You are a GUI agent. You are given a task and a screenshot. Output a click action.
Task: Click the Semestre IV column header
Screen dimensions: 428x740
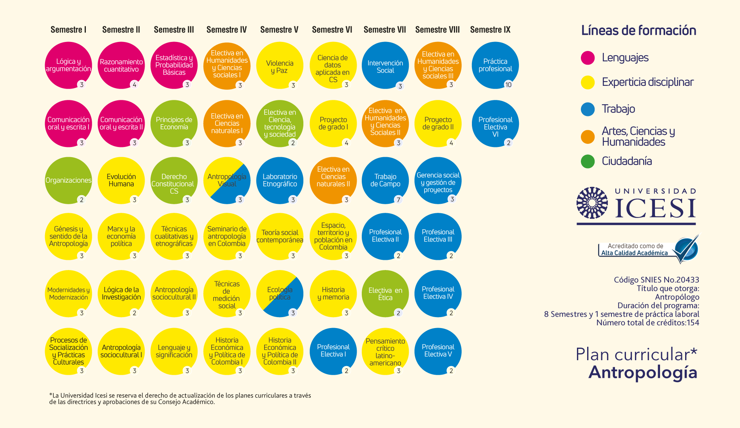coord(227,30)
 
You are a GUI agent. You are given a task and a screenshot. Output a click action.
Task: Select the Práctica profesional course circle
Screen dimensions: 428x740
coord(495,65)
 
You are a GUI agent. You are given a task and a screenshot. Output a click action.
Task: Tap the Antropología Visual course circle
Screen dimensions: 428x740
coord(227,180)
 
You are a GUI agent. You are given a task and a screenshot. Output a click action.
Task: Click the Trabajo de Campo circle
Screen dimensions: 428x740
coord(385,180)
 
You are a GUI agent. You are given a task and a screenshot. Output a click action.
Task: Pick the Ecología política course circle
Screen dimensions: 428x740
coord(279,294)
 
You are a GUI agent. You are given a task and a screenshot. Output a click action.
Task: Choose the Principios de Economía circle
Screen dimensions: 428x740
coord(174,123)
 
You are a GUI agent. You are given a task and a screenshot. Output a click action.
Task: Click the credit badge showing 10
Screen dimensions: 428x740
coord(508,85)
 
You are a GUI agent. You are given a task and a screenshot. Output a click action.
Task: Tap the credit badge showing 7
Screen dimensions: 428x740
coord(399,200)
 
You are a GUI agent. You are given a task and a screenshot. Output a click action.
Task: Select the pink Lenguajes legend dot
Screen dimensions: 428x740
coord(588,58)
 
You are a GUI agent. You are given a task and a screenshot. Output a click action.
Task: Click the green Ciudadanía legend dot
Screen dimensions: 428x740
coord(588,161)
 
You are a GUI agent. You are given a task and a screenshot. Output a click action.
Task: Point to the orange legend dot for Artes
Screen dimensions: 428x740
coord(588,137)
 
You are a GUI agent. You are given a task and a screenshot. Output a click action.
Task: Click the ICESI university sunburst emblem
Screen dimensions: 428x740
coord(592,203)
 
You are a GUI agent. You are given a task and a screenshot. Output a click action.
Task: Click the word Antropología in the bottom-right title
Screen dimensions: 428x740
coord(643,372)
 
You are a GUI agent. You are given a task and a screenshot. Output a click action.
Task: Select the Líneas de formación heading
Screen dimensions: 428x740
coord(638,31)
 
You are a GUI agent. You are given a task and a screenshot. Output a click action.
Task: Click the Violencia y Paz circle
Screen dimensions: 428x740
coord(279,65)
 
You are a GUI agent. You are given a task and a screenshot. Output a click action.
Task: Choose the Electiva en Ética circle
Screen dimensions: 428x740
coord(385,294)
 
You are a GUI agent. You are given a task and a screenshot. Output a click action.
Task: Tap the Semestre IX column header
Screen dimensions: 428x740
coord(490,30)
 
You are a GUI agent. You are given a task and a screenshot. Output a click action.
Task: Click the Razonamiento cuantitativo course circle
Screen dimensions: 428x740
coord(121,65)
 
